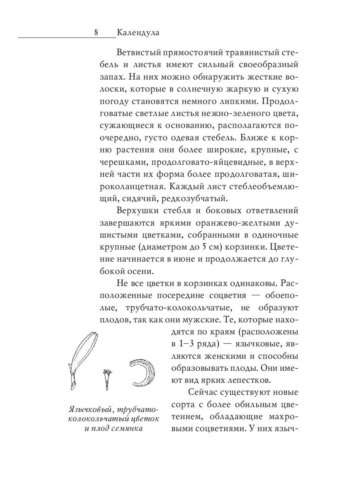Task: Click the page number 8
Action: (x=96, y=33)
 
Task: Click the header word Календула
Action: (x=138, y=33)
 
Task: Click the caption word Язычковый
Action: (x=84, y=410)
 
